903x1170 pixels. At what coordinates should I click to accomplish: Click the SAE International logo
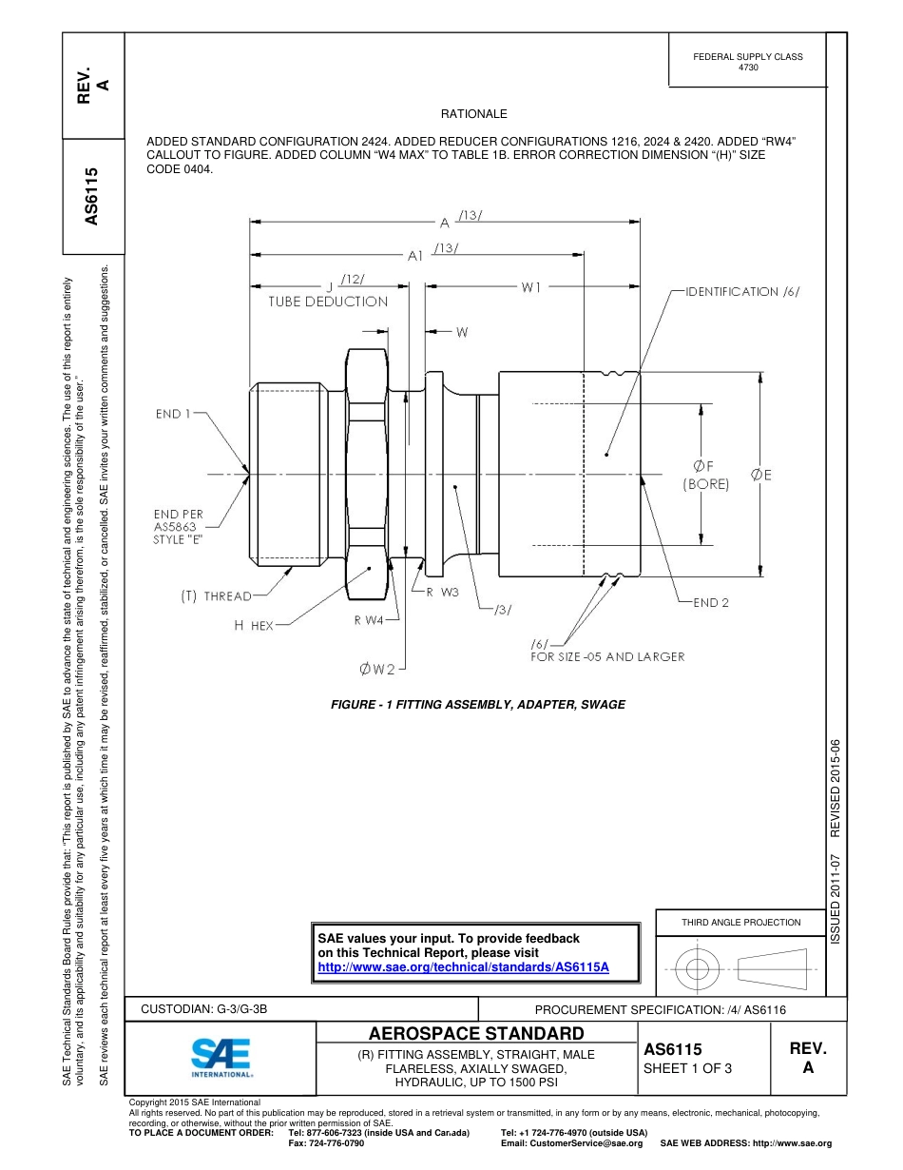pos(221,1056)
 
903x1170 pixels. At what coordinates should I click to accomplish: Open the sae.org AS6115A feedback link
pos(463,965)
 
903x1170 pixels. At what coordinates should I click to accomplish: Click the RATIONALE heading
pos(474,113)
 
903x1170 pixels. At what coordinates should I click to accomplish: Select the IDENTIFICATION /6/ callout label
pos(742,292)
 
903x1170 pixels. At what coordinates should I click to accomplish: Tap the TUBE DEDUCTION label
pos(328,302)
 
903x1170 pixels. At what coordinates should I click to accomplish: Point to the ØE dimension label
pos(760,475)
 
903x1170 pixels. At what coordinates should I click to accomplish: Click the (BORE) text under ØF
pos(705,484)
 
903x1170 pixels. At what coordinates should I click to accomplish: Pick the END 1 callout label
pos(174,414)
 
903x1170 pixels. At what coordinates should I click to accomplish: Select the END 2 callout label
pos(711,602)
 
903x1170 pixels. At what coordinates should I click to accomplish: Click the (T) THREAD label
pos(217,596)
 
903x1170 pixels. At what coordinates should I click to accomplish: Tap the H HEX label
pos(254,625)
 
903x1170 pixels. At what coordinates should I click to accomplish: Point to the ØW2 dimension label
pos(377,670)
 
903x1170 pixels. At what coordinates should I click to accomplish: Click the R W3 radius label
pos(442,592)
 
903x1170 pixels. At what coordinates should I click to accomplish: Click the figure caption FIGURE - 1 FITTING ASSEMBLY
pos(477,705)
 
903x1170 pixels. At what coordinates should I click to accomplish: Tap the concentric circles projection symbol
pos(698,969)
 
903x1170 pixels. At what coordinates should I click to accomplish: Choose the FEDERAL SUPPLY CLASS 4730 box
pos(747,62)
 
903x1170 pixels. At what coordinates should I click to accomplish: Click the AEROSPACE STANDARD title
pos(476,1033)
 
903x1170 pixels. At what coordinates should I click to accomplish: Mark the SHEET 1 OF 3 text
pos(687,1068)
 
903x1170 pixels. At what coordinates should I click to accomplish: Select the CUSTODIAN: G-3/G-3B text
pos(211,1009)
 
